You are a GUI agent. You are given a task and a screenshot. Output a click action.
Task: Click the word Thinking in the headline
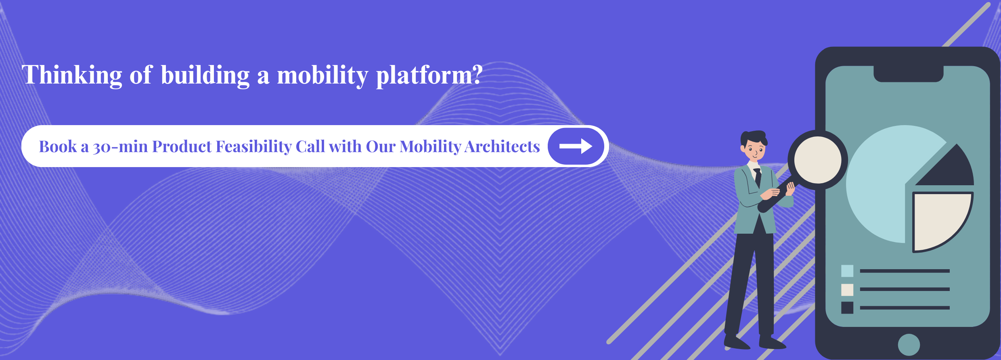click(x=72, y=75)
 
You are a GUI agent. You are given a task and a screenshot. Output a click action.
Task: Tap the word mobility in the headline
click(x=322, y=75)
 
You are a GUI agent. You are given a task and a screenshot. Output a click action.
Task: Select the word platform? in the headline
click(x=429, y=75)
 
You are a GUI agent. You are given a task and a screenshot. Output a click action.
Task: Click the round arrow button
click(x=576, y=146)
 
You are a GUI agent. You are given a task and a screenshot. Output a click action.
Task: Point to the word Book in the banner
click(x=58, y=147)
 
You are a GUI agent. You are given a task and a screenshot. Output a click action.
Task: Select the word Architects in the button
click(x=502, y=147)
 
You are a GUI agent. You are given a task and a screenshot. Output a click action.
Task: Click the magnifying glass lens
click(x=818, y=160)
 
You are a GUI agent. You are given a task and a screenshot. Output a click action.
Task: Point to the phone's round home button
click(x=909, y=345)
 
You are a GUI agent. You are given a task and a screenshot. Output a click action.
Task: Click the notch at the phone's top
click(x=908, y=74)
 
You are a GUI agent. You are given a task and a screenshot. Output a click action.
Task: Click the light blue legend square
click(x=847, y=271)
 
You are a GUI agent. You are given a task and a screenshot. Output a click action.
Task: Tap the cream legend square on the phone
click(x=847, y=290)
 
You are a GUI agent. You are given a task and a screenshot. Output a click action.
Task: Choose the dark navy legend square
click(x=847, y=308)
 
